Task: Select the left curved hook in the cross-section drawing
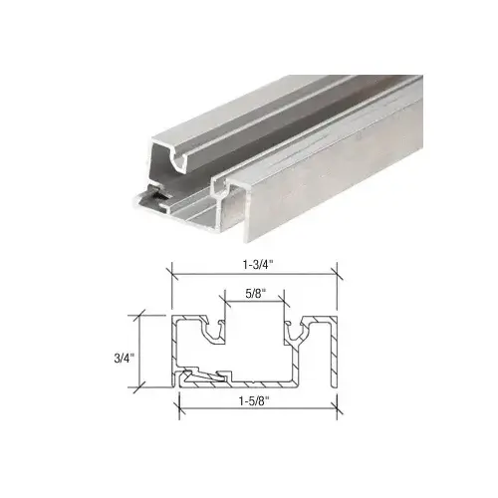(212, 330)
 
